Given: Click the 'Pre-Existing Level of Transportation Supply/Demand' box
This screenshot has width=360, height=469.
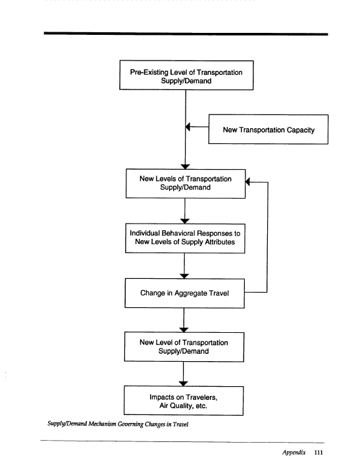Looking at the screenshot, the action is (186, 75).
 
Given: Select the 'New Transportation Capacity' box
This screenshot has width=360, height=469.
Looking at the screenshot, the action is (268, 129).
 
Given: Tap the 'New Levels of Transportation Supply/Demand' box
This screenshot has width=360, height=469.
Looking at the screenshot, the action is (186, 184).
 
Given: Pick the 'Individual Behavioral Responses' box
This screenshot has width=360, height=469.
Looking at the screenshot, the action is (185, 238).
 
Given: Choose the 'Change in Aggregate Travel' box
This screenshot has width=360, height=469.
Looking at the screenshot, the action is (185, 293).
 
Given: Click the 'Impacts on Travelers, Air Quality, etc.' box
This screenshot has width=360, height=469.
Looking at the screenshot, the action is (184, 401).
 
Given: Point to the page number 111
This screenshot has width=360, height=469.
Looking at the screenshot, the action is (319, 453).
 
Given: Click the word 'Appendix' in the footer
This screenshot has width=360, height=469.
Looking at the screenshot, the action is (294, 453).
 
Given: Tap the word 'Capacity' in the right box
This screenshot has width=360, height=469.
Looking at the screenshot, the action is (301, 130).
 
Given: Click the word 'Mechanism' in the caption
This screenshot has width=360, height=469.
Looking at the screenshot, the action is (102, 424).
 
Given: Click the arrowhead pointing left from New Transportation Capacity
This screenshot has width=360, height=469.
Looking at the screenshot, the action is (188, 127).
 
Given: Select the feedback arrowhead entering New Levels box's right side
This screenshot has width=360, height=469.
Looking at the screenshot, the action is (247, 182).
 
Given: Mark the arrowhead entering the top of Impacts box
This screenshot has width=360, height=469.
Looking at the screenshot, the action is (183, 383).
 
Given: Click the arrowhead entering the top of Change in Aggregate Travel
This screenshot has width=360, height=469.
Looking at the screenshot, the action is (184, 276).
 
